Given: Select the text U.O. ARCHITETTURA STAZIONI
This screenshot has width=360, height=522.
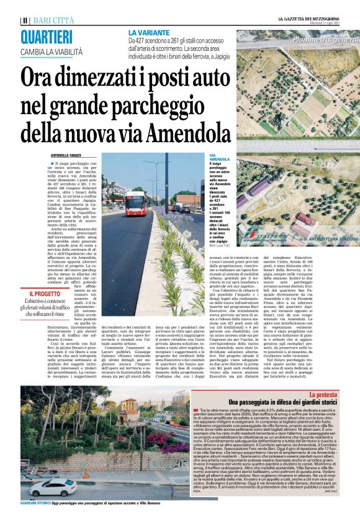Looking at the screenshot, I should pyautogui.click(x=328, y=238).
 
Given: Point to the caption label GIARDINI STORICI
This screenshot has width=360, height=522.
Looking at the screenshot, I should pyautogui.click(x=35, y=519).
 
